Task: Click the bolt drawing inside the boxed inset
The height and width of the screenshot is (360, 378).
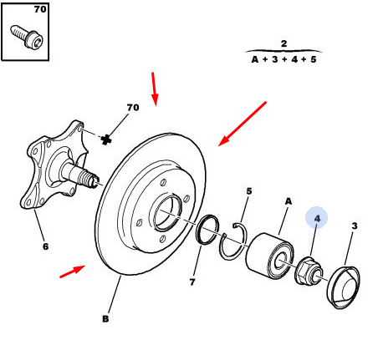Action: [27, 38]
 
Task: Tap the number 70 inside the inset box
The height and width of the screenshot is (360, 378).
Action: [40, 9]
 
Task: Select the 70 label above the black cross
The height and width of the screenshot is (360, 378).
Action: [133, 108]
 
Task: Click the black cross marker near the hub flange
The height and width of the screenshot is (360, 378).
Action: [105, 139]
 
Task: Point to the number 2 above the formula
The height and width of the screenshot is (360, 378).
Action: [283, 43]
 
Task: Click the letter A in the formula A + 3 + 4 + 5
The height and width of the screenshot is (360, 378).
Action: [255, 59]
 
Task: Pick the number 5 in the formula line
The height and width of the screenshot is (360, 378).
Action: [314, 59]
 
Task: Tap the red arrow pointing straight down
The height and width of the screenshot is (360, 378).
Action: [154, 89]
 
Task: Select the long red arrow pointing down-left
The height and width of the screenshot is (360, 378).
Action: [243, 124]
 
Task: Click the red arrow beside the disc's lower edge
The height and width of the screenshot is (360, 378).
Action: [73, 271]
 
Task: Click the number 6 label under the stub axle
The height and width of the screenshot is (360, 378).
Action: [46, 246]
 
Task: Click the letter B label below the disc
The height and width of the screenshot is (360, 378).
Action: [105, 319]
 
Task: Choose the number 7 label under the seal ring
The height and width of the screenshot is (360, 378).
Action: [192, 282]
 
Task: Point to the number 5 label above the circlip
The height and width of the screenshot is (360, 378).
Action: [249, 191]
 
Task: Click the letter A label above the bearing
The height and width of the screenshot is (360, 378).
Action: [289, 201]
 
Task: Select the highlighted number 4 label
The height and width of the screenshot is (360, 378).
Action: [317, 219]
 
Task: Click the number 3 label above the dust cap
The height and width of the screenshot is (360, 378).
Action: [355, 226]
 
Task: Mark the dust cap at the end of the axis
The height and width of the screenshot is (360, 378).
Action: [344, 287]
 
